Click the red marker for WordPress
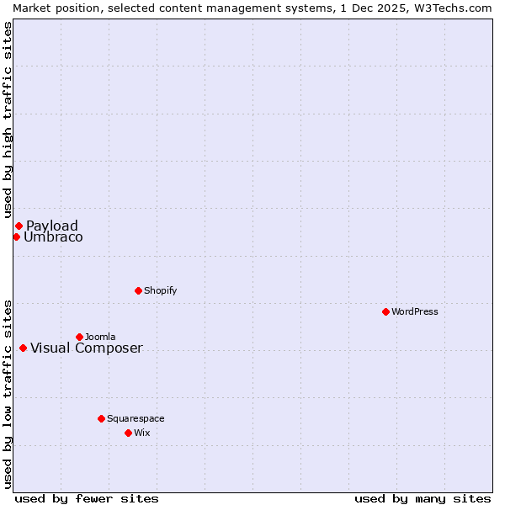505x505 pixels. [x=385, y=311]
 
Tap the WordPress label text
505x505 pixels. [x=415, y=311]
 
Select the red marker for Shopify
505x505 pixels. [x=138, y=290]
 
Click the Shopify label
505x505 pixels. [x=161, y=290]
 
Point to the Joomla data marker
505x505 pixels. [x=79, y=337]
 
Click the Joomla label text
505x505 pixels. [x=100, y=337]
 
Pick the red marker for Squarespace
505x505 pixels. [x=101, y=418]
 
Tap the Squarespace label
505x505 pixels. [x=136, y=418]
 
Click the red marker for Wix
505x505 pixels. [x=128, y=433]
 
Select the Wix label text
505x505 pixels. [x=142, y=433]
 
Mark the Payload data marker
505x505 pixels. [x=19, y=226]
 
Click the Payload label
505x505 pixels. [x=52, y=226]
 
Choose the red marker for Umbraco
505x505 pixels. [x=16, y=237]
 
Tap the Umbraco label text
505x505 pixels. [x=53, y=237]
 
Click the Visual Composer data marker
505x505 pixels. [x=23, y=348]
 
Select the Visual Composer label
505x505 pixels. [x=87, y=348]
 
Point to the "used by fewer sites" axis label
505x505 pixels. [x=87, y=498]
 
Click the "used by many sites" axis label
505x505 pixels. [x=423, y=498]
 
